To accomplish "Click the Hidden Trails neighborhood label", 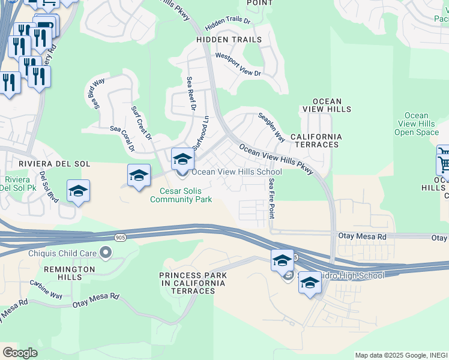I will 229,40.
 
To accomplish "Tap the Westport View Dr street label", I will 238,65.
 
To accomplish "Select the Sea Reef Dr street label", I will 191,94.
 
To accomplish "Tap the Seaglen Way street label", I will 271,127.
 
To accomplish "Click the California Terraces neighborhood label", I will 316,141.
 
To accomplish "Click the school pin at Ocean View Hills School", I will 183,159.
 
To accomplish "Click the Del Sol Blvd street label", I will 49,187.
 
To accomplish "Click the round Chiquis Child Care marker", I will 106,252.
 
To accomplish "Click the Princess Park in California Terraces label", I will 193,283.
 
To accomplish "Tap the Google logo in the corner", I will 20,353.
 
